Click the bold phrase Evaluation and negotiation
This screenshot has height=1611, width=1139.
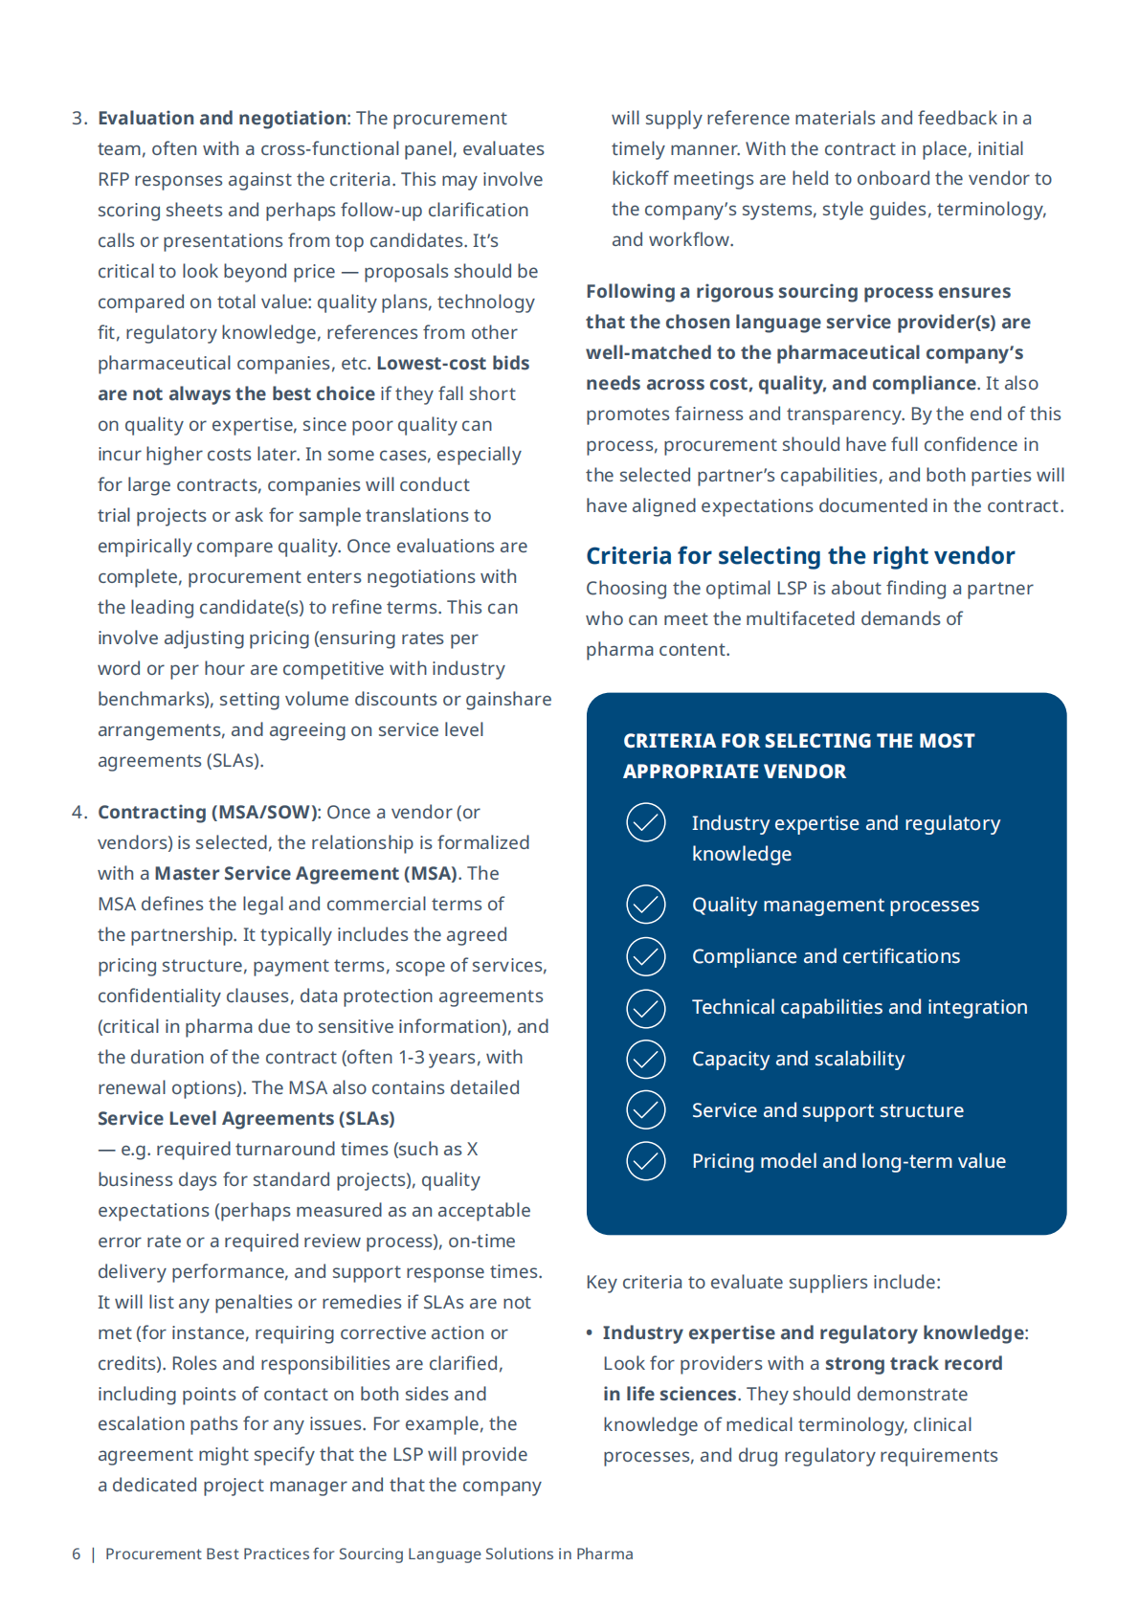tap(222, 119)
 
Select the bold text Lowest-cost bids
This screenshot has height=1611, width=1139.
tap(453, 364)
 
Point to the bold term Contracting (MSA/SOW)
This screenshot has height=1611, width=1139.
tap(208, 813)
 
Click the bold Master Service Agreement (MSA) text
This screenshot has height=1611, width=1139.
tap(305, 874)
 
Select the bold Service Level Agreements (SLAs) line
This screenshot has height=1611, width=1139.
tap(246, 1119)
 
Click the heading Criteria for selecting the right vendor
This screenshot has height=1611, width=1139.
tap(800, 556)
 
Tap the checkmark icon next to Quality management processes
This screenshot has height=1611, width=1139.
tap(646, 905)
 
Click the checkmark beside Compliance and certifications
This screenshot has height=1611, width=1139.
tap(646, 956)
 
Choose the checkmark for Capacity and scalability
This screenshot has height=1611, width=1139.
tap(646, 1059)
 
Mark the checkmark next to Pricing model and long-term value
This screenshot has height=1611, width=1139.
tap(646, 1161)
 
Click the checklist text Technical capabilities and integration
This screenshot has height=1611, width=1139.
tap(860, 1008)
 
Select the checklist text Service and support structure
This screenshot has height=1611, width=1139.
tap(828, 1110)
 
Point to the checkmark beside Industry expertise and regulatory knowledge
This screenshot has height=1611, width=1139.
tap(646, 823)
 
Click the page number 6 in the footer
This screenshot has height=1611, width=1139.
tap(77, 1555)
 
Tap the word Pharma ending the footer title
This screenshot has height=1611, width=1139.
tap(604, 1555)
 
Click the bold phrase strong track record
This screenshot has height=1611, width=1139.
tap(913, 1364)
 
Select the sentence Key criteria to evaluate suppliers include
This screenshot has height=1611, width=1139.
tap(763, 1283)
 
